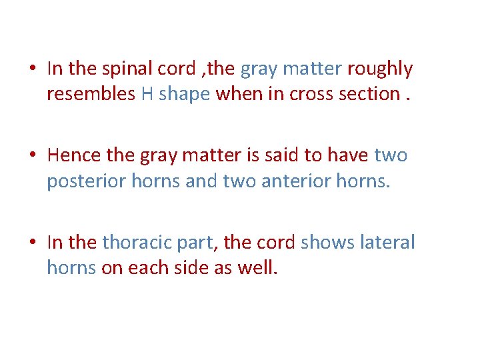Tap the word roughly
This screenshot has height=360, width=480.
click(x=381, y=69)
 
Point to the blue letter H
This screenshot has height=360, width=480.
click(x=147, y=94)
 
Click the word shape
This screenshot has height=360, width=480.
click(x=185, y=94)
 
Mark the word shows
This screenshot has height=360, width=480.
click(x=323, y=242)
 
